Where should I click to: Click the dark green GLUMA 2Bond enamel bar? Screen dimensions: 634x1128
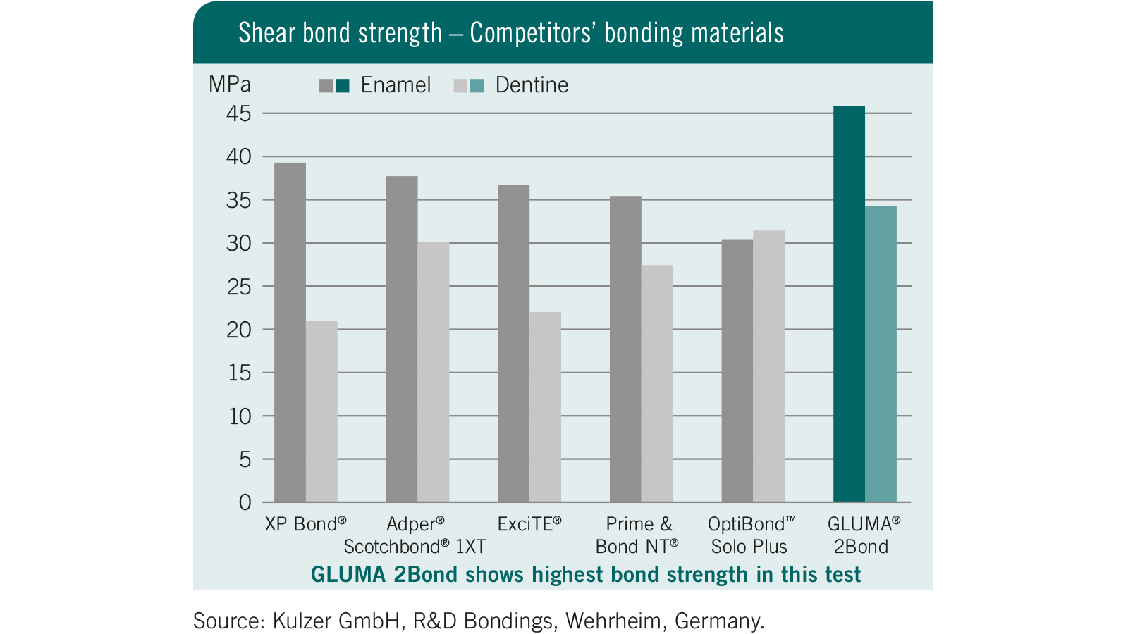pos(849,304)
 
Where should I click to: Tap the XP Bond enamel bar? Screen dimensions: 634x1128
pos(290,332)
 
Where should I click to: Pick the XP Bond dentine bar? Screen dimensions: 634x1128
pos(321,411)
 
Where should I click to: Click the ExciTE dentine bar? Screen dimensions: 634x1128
pos(545,406)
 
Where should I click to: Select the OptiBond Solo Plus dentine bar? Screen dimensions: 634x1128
pos(768,366)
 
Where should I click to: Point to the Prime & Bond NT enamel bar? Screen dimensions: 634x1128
pos(625,349)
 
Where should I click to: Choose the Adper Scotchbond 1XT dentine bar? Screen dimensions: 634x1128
pos(433,371)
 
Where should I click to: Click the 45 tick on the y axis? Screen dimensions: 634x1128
pos(239,113)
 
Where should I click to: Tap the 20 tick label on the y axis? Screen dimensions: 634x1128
pos(239,330)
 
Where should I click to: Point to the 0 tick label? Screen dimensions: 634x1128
pos(245,502)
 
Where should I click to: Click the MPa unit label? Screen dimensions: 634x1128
pos(230,85)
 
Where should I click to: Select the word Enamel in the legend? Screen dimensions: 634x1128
pos(396,85)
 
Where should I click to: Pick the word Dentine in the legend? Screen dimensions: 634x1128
pos(532,85)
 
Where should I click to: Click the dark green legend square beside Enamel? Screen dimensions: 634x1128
pos(343,86)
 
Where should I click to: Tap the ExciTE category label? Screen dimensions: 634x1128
pos(529,524)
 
